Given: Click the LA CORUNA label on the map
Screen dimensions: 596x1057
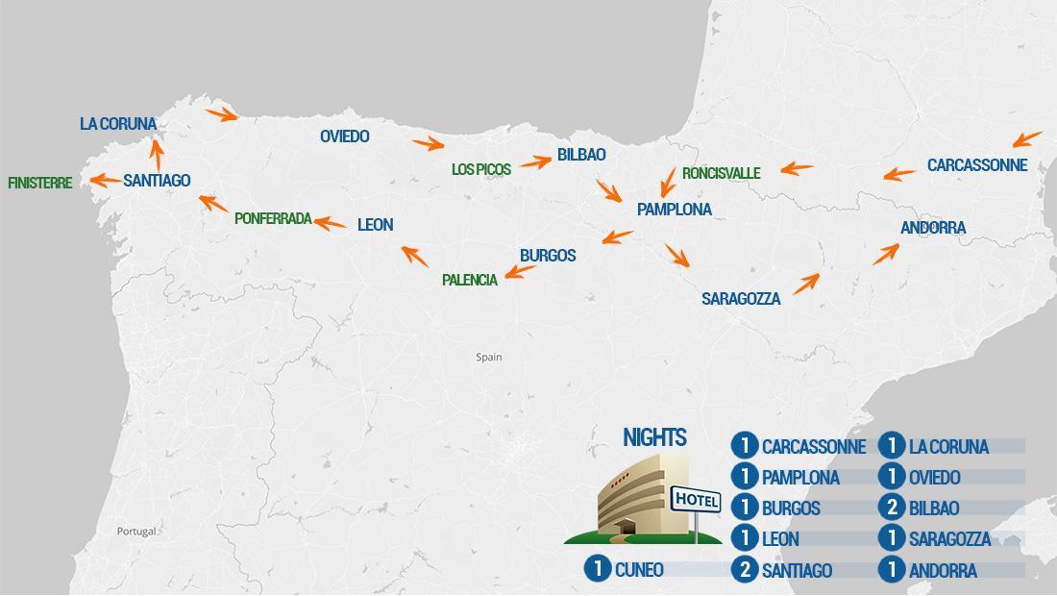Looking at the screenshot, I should [117, 124].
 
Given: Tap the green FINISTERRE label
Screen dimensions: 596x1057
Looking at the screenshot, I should [39, 183].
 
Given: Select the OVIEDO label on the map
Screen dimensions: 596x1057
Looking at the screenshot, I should [344, 137].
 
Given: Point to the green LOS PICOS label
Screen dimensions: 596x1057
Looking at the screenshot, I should [481, 169].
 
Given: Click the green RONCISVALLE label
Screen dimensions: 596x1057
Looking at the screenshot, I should [721, 173].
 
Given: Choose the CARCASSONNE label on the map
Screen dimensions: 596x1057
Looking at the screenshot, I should [976, 165].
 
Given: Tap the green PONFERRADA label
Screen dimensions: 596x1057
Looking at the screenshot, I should [273, 218].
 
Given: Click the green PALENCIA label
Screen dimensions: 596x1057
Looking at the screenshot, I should [470, 280].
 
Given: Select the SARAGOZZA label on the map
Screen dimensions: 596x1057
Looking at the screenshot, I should [740, 299].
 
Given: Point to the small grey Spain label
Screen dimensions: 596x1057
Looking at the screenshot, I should [489, 358].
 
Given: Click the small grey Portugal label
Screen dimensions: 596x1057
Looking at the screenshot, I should [135, 532].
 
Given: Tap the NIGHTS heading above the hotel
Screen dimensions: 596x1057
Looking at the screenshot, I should [654, 438].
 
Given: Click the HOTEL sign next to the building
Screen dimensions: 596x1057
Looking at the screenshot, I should [697, 500].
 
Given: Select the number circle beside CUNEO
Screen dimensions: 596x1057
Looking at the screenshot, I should [598, 569].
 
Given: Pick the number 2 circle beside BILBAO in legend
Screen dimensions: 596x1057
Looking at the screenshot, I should [892, 508].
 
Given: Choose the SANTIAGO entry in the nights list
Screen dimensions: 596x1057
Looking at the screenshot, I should [797, 570].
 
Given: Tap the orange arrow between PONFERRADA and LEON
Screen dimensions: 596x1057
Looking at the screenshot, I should [331, 223].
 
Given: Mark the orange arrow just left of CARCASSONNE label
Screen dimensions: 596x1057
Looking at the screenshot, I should [899, 174].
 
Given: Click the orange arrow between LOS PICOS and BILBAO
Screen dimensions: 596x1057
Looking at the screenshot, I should [535, 162].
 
